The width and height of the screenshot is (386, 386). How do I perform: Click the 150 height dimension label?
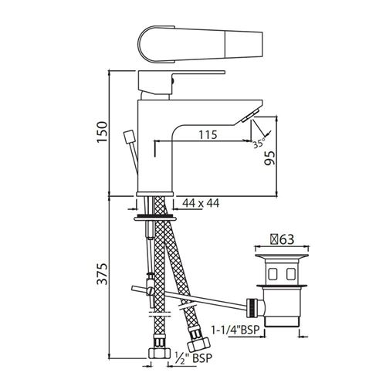click(102, 132)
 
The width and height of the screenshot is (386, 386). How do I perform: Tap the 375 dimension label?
click(102, 273)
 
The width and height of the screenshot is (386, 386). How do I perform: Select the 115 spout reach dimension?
click(208, 134)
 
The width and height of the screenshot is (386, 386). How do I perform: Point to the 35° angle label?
click(259, 143)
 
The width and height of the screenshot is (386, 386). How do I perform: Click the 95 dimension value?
click(270, 157)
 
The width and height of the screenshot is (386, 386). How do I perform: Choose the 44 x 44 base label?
click(201, 203)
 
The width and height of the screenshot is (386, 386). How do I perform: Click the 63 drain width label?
click(282, 239)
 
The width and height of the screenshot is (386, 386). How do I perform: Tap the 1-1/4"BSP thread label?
click(235, 330)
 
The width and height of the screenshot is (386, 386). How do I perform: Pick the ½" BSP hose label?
click(194, 357)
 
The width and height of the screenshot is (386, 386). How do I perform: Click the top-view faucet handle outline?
click(200, 44)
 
